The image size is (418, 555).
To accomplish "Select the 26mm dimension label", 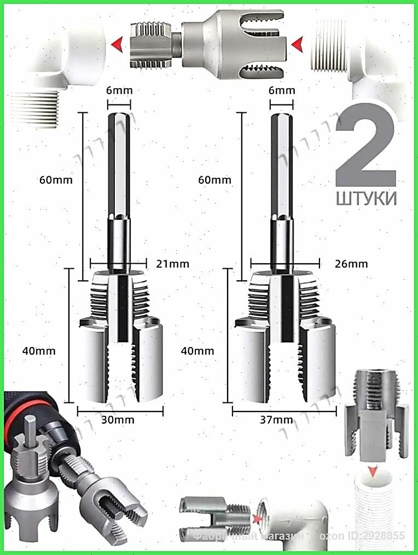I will click(351, 264).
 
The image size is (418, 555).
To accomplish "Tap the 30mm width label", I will click(118, 420).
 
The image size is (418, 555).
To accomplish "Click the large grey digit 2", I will click(365, 144).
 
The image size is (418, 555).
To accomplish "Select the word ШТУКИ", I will click(365, 198).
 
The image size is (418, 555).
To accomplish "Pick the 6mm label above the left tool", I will click(120, 90).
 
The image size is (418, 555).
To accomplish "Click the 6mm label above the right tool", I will click(282, 90).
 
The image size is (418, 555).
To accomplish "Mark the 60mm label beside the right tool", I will click(215, 180).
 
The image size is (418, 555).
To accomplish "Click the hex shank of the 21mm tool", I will click(119, 164).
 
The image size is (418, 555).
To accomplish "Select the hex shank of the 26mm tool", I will click(282, 164).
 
